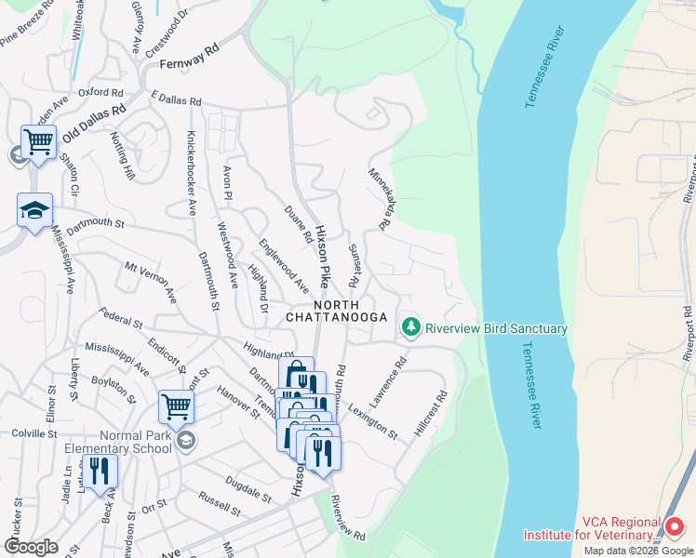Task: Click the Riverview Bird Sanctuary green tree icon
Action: [x=410, y=327]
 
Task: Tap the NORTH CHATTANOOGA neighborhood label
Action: [x=336, y=312]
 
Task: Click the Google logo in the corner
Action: [x=31, y=546]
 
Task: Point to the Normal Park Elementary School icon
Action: [x=185, y=439]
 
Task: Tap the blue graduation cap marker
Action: [x=34, y=211]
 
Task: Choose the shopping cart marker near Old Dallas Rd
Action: [x=38, y=142]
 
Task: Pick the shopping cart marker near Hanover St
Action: [x=176, y=405]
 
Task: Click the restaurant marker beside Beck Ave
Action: [x=99, y=470]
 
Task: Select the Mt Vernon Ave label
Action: [x=151, y=281]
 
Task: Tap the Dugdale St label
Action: [x=247, y=485]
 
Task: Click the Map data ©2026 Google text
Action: [x=637, y=551]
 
